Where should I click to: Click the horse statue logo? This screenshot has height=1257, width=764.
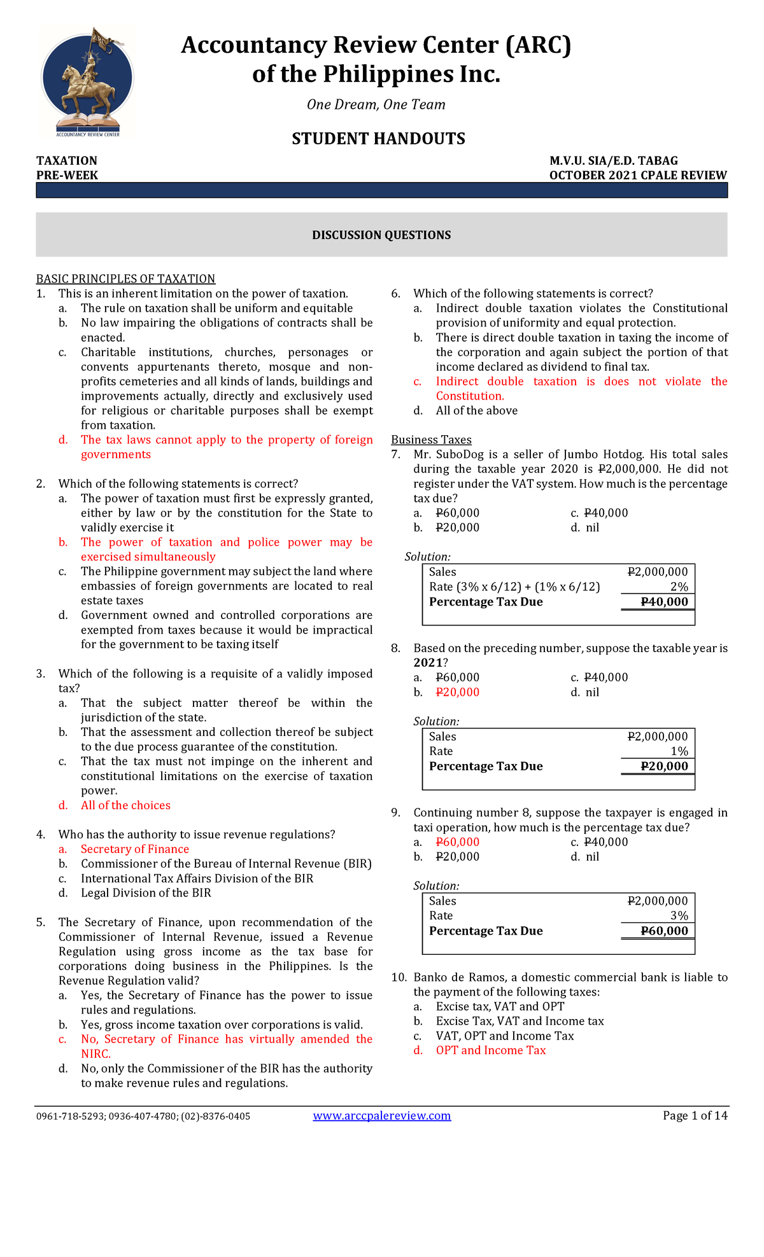coord(87,81)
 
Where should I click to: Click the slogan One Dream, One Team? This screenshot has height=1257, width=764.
coord(376,104)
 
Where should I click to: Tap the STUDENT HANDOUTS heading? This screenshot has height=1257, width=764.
coord(378,139)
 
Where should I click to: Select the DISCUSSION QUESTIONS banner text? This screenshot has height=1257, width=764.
coord(381,235)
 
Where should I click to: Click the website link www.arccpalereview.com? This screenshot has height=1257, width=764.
coord(382,1115)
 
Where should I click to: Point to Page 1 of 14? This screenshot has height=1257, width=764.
coord(695,1115)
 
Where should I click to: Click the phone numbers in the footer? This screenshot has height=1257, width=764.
coord(143,1116)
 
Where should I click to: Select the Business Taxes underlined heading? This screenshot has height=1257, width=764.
coord(431,440)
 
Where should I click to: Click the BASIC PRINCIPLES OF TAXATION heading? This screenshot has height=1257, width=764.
coord(125,279)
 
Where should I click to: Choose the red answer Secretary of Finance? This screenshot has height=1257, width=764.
coord(134,849)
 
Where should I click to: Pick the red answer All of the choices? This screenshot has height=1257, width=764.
coord(125,805)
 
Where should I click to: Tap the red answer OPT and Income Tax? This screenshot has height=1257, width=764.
coord(490,1050)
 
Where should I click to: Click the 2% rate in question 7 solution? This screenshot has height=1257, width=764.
coord(679,587)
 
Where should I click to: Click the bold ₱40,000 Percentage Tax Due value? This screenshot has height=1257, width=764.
coord(664,602)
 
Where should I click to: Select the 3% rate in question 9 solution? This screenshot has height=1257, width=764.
coord(679,915)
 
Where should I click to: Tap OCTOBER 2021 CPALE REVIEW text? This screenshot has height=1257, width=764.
coord(637,175)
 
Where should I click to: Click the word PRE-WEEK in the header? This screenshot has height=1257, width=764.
coord(67,175)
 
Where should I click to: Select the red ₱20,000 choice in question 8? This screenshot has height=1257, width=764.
coord(457,692)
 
